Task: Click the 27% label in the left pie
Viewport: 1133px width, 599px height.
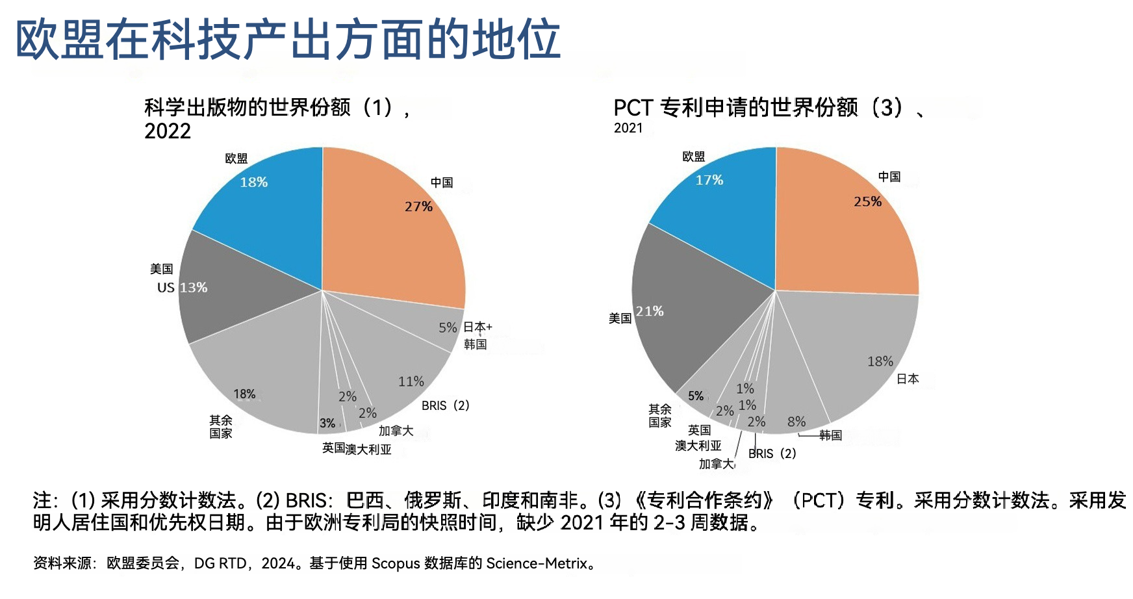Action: click(418, 207)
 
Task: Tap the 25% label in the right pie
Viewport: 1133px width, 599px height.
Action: click(867, 202)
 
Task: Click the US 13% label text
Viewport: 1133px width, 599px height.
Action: click(183, 288)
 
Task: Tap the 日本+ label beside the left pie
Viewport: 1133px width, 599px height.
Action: click(477, 327)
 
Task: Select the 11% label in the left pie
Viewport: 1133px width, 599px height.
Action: click(411, 382)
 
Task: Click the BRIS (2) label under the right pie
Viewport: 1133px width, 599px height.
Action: click(772, 453)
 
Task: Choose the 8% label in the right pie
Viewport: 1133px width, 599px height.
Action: click(796, 422)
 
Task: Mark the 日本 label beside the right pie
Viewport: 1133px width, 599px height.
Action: click(908, 379)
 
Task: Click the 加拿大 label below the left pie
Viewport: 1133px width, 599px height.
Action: click(396, 431)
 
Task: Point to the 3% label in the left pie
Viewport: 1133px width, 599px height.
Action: click(327, 424)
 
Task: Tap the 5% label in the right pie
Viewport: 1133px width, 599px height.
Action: click(696, 396)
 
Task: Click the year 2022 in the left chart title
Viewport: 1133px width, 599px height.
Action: click(168, 131)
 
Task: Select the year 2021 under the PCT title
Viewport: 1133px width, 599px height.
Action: click(628, 128)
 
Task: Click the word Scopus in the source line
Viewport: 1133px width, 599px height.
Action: click(396, 563)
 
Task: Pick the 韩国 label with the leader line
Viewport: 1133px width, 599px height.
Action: click(830, 435)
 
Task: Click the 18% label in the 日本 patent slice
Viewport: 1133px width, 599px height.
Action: click(880, 362)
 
